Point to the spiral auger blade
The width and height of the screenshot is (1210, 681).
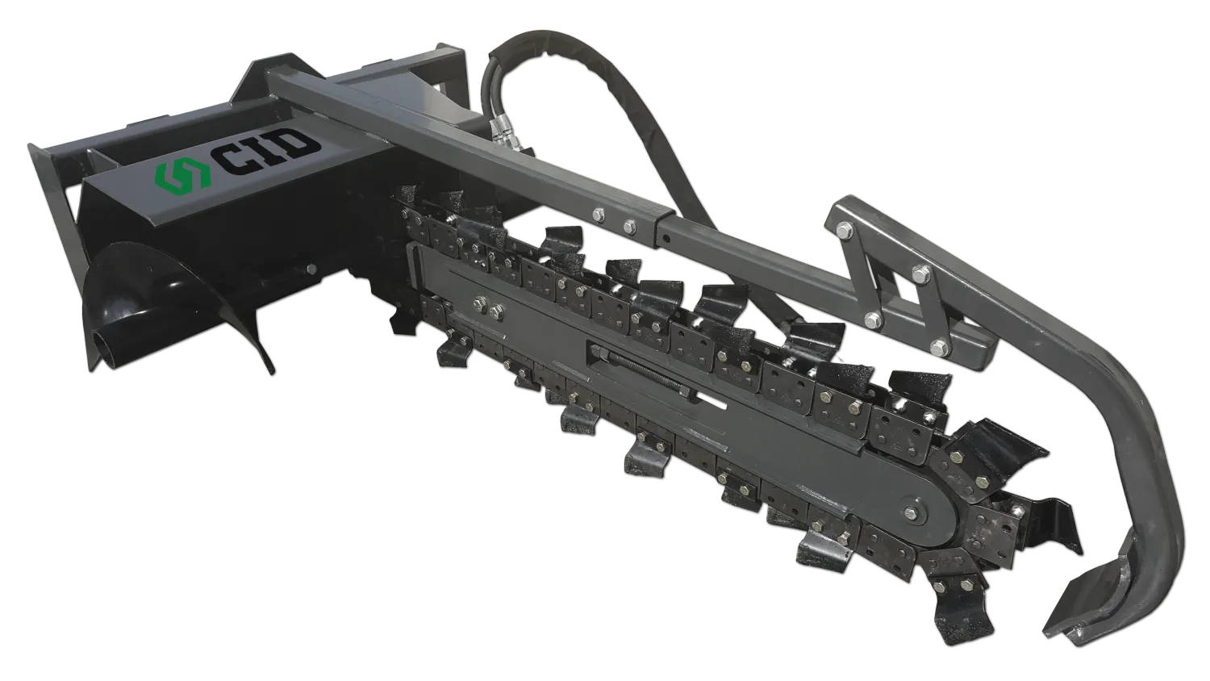(178, 303)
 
